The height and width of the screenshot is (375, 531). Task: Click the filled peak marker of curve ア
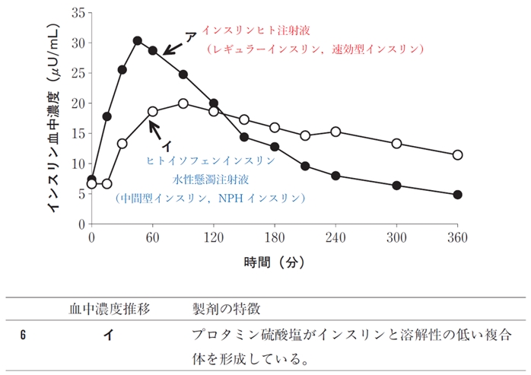point(137,40)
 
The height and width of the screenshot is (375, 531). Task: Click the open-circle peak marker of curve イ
point(183,103)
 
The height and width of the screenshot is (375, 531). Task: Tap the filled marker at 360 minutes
point(457,195)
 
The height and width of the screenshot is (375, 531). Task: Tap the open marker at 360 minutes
point(457,155)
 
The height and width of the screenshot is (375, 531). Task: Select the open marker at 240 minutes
point(335,132)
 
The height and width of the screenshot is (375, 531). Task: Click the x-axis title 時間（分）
point(274,262)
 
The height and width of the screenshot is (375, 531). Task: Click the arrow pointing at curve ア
point(173,48)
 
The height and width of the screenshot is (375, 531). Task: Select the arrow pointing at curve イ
point(159,132)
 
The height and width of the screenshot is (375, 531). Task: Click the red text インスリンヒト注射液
point(261,30)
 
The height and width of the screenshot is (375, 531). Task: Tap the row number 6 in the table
point(24,335)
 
